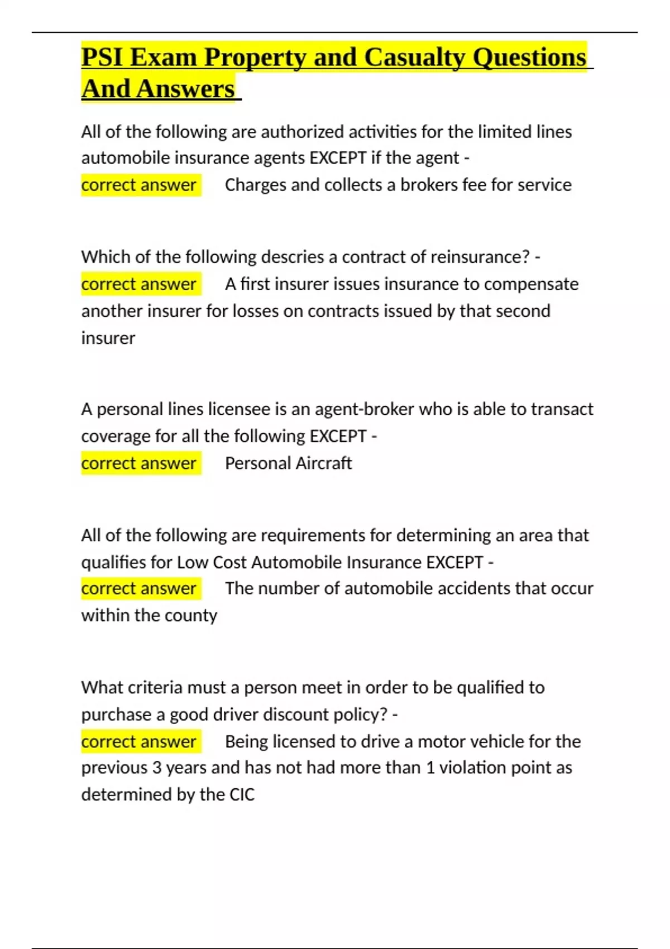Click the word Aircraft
click(x=324, y=463)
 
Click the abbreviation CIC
click(x=242, y=794)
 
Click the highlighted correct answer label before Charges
click(x=138, y=185)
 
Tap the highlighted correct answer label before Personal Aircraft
click(x=138, y=463)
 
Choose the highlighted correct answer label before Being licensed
click(x=138, y=741)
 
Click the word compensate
click(x=531, y=284)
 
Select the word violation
click(x=472, y=768)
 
